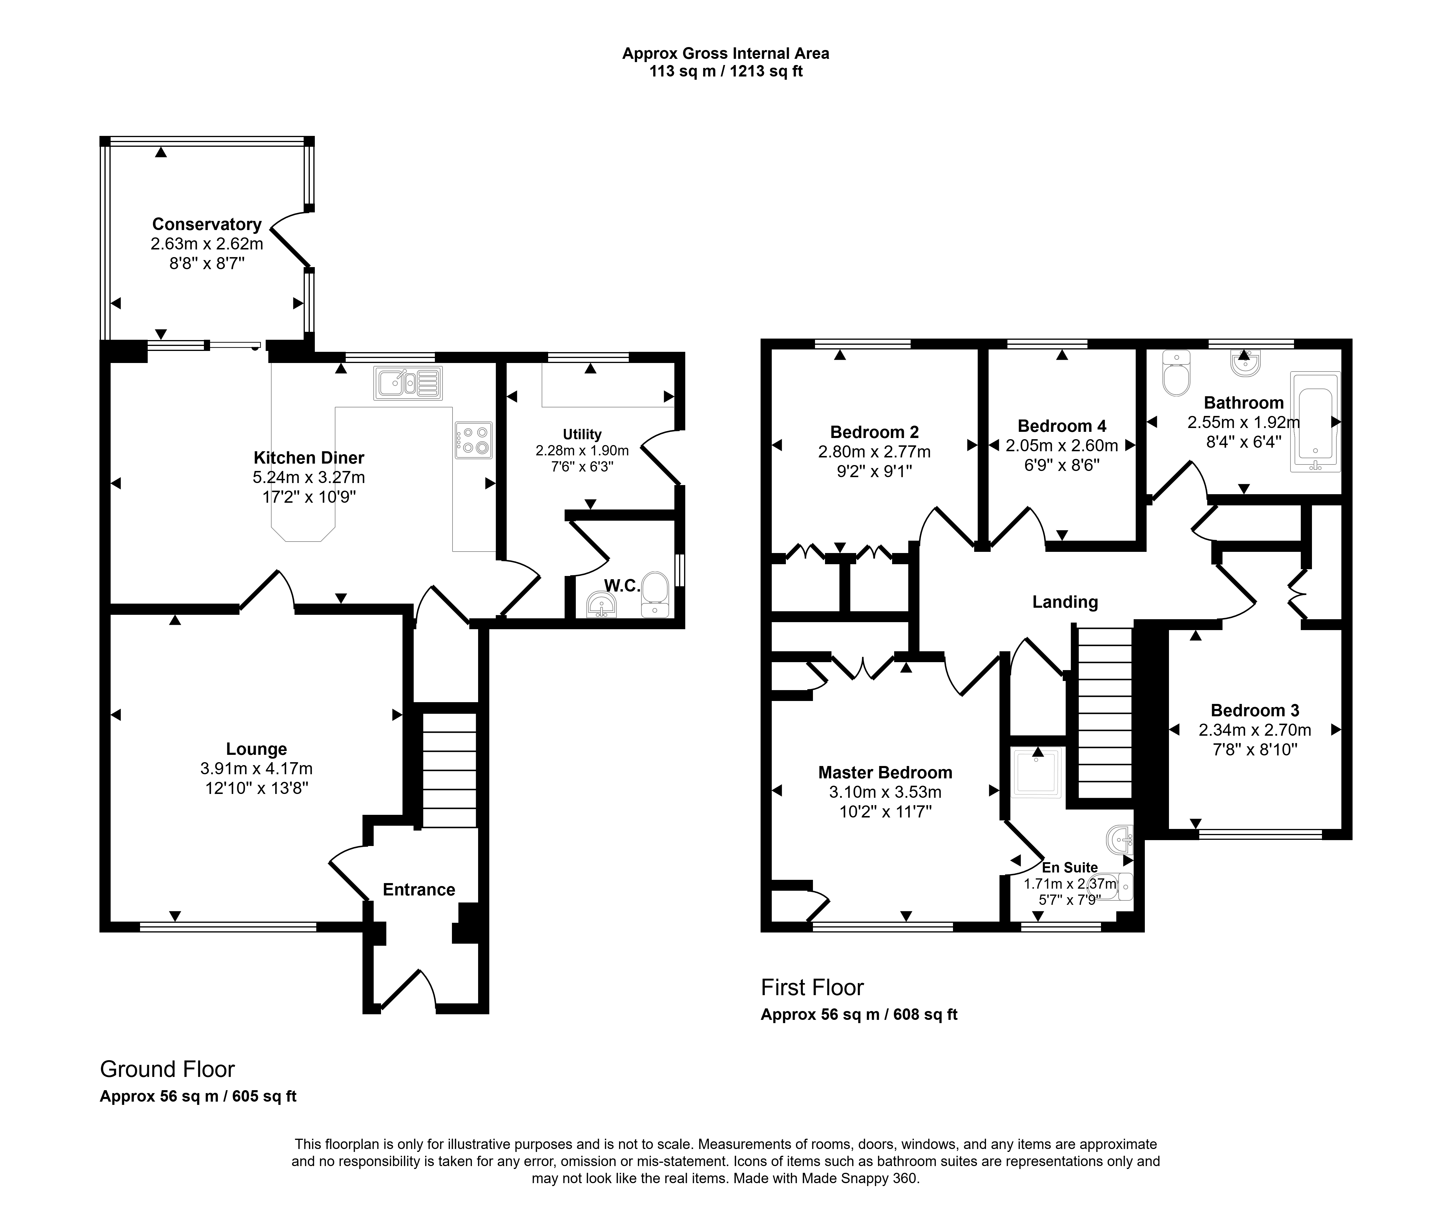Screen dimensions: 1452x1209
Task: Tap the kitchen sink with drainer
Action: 408,383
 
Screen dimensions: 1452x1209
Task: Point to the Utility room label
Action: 582,434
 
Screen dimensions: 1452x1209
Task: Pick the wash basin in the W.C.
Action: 601,606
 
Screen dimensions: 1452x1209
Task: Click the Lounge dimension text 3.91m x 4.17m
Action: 257,769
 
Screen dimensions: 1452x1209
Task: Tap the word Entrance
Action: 419,890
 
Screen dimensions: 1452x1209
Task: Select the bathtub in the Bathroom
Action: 1315,422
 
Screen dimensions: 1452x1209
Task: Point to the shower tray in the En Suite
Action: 1037,772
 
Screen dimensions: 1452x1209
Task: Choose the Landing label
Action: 1065,602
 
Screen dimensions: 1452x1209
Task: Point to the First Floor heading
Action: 812,988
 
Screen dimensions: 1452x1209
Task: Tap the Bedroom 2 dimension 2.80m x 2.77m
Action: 875,452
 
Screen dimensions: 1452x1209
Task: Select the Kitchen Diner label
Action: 309,458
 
